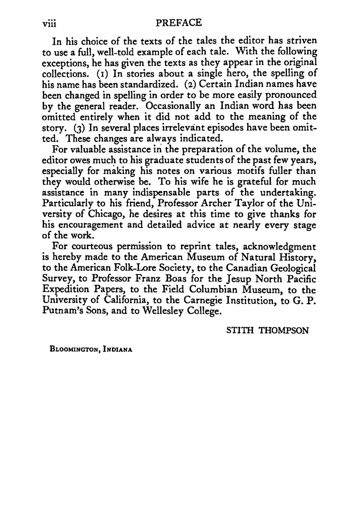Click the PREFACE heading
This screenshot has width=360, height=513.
(179, 23)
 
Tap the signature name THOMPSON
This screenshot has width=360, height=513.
(284, 330)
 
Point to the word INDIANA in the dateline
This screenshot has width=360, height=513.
(117, 349)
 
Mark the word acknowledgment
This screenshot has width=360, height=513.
(280, 247)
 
